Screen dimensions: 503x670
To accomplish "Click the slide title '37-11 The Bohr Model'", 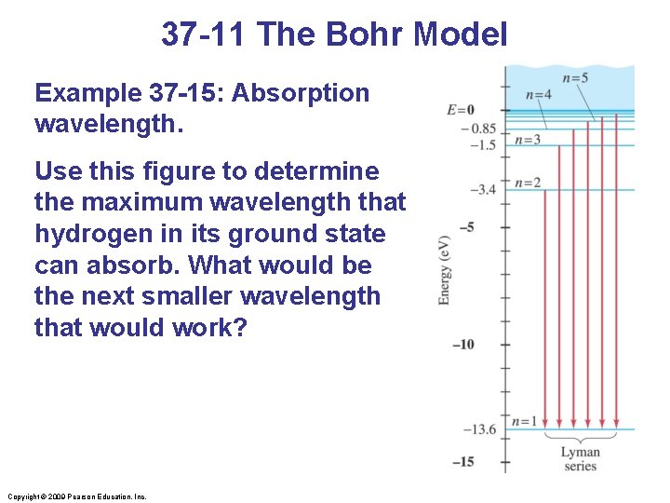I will coord(334,34).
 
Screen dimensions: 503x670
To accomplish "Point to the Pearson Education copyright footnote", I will coord(76,496).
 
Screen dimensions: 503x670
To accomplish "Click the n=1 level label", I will coord(527,421).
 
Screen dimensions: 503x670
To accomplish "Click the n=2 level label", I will coord(528,182).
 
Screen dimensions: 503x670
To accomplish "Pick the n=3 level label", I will coord(528,140).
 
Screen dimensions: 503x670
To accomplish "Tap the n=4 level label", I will coord(539,94).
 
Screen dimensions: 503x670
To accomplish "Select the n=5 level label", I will coord(575,77).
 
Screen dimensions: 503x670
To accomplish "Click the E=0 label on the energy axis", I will coord(462,110).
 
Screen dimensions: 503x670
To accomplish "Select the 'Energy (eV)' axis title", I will coord(445,270).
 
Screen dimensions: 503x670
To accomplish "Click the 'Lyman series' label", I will coord(580,458).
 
